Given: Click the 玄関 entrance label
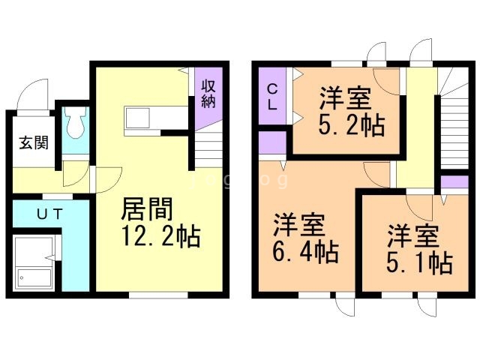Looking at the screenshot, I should tap(29, 142).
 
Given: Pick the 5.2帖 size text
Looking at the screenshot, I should tap(352, 124).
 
